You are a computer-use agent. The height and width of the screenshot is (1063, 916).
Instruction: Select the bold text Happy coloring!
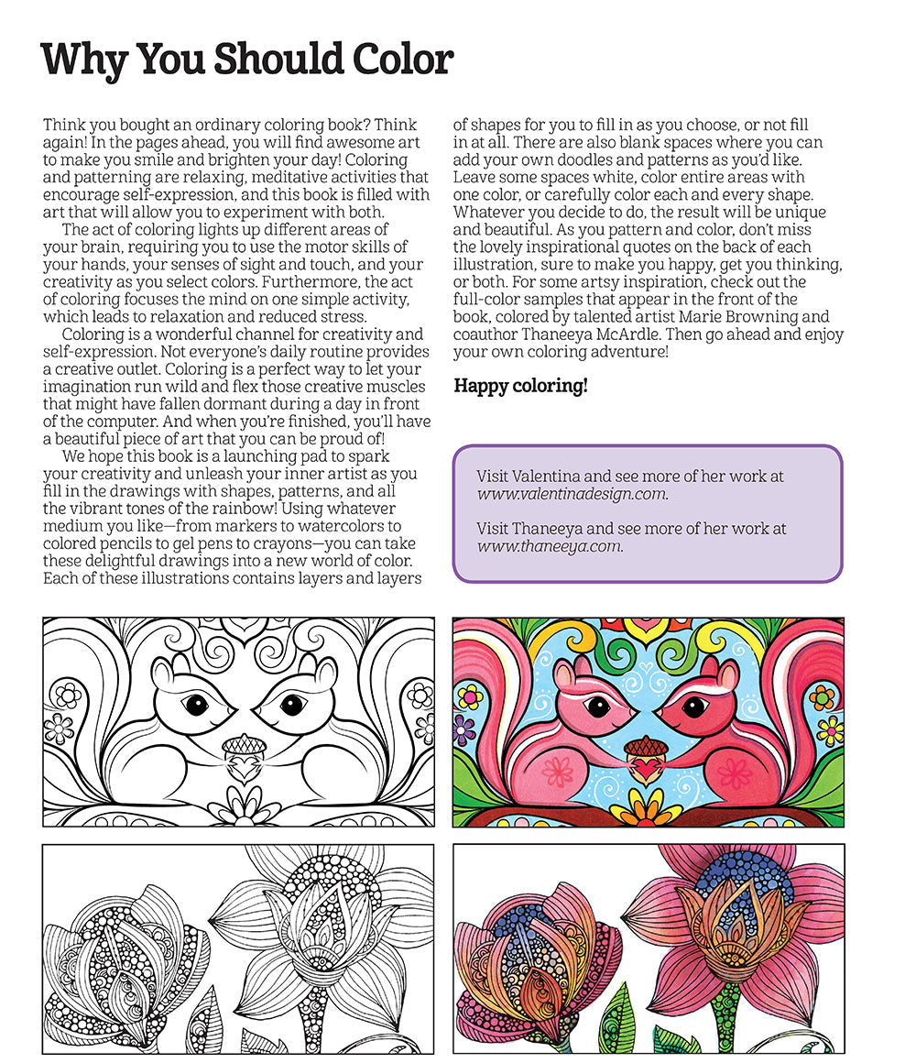(x=520, y=386)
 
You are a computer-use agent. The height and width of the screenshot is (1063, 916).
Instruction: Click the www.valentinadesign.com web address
(x=572, y=494)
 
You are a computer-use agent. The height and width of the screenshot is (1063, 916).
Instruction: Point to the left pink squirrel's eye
(x=597, y=707)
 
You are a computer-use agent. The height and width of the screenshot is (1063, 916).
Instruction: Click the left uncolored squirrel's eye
(x=194, y=705)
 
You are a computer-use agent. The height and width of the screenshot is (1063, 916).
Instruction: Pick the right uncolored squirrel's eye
(x=291, y=705)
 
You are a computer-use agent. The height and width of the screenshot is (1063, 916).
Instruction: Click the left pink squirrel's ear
(x=567, y=676)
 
